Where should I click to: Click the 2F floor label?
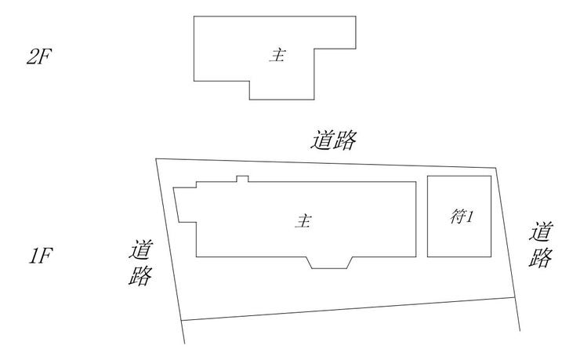(39, 57)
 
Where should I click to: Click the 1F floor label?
(41, 256)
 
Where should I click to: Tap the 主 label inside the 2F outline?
(277, 56)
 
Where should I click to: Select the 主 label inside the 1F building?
(303, 221)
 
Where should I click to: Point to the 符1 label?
(462, 216)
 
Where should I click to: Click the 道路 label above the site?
(334, 140)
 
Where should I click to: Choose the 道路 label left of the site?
(141, 263)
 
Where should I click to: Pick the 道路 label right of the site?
(541, 244)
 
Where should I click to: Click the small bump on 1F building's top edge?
(242, 179)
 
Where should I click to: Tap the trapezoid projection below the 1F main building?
(330, 262)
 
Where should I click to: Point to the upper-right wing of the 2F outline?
(335, 32)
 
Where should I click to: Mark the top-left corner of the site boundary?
(156, 159)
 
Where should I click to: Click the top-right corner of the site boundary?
(496, 168)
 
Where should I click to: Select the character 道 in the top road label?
(322, 140)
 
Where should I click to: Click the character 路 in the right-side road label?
(541, 256)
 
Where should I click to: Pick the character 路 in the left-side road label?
(140, 275)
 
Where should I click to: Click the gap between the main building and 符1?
(422, 219)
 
